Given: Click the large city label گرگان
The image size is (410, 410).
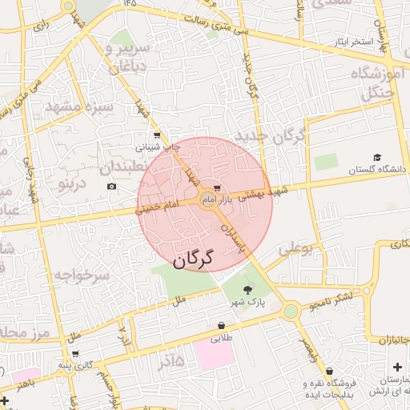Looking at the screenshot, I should point(195,259).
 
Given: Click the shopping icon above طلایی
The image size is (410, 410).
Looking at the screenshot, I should point(221,325).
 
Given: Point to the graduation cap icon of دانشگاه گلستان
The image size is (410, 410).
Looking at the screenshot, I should point(377,158).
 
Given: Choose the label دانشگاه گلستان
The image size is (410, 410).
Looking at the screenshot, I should point(376,170).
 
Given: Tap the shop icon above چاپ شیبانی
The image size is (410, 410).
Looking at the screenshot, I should point(157,135).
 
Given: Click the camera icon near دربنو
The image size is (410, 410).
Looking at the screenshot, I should point(111,187).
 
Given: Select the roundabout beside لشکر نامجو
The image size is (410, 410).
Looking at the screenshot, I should point(291,311).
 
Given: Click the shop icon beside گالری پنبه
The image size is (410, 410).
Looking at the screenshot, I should point(75,354).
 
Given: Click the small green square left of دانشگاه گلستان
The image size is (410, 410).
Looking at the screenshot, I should point(326,162).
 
